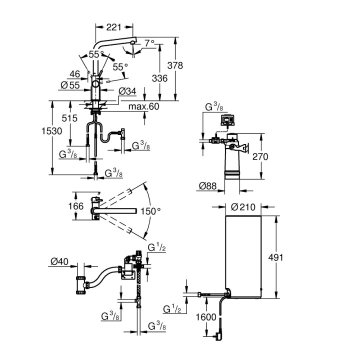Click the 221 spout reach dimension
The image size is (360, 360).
113,27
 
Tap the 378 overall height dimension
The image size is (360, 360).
175,65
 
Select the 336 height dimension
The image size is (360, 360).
159,78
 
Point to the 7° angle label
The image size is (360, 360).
149,43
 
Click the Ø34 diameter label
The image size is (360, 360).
127,91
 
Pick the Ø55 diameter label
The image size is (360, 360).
70,85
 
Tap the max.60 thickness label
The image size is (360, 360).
143,106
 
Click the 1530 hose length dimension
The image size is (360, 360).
52,131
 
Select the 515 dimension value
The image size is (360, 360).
69,118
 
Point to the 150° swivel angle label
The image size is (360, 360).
150,211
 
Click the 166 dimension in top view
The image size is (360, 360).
76,206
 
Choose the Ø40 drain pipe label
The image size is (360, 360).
59,261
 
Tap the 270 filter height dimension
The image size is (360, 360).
260,157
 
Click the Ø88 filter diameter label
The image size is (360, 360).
208,185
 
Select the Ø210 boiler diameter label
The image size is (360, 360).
243,207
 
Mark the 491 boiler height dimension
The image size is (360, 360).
275,257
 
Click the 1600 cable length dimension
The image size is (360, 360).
206,317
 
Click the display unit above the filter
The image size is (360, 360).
228,120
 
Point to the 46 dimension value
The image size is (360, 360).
75,74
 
